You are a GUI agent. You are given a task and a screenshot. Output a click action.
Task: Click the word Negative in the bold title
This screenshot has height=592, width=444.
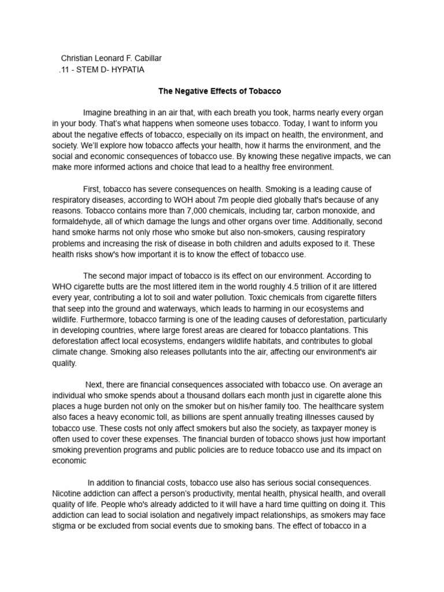click(195, 91)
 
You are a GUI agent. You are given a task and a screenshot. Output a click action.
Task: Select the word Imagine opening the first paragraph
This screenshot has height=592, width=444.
click(99, 112)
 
